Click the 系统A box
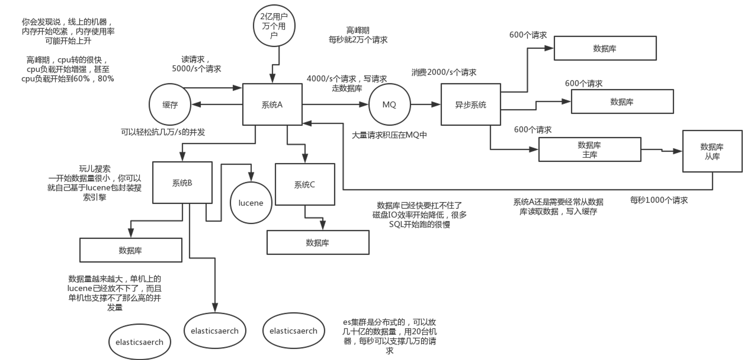click(272, 104)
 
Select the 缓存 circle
click(170, 104)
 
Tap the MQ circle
click(389, 104)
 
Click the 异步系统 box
click(471, 104)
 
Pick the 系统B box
click(182, 183)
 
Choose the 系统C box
click(305, 184)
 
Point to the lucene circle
click(251, 203)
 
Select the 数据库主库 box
click(590, 149)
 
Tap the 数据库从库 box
click(712, 151)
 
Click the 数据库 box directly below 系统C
click(318, 242)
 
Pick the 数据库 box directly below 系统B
click(131, 250)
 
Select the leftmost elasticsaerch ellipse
click(140, 342)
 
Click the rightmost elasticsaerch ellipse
click(293, 330)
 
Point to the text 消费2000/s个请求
click(444, 72)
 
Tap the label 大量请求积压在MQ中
click(389, 135)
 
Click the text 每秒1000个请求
click(659, 200)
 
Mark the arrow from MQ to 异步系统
click(425, 104)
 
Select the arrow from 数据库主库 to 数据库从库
click(662, 150)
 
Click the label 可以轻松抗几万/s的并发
click(163, 132)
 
